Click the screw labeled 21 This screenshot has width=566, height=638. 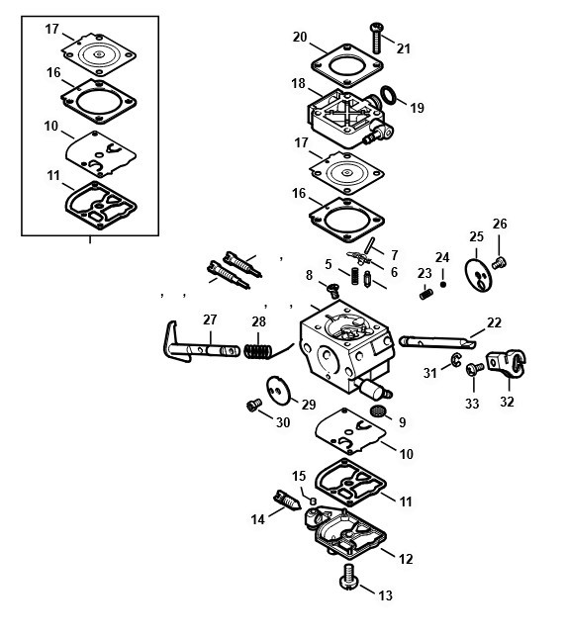click(x=376, y=38)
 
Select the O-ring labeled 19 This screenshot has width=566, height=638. click(x=389, y=95)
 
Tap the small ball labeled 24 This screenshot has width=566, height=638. click(x=443, y=285)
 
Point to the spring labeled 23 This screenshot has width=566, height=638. click(x=426, y=294)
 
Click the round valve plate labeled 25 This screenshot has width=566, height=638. click(x=478, y=275)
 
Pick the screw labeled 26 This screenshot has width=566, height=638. click(x=499, y=263)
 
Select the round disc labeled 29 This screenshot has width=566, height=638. click(x=278, y=390)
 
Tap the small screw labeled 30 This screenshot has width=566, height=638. click(x=254, y=405)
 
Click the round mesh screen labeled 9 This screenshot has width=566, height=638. click(x=378, y=410)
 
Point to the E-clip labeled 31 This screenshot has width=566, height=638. click(x=456, y=359)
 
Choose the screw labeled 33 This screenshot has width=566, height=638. click(x=474, y=368)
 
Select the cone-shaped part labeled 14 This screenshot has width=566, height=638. click(x=287, y=501)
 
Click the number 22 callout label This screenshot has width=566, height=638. click(x=494, y=323)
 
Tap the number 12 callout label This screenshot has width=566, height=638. click(x=406, y=559)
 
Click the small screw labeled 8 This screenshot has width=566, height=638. click(x=333, y=291)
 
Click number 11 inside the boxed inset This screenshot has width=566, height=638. click(x=53, y=176)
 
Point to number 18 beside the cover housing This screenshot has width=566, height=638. click(x=298, y=83)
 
